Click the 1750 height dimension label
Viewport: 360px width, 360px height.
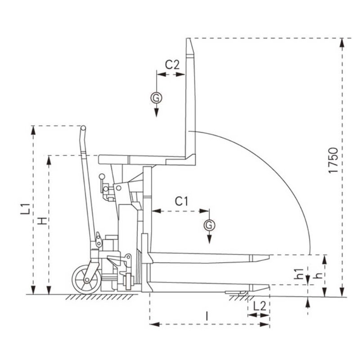(x=333, y=160)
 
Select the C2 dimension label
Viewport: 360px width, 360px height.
(x=172, y=64)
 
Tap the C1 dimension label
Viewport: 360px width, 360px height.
(x=181, y=202)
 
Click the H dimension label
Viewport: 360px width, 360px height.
(x=42, y=220)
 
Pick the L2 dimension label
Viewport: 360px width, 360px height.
(x=259, y=306)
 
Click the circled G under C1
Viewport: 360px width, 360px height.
(x=209, y=225)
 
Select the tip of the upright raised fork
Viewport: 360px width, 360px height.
(x=189, y=42)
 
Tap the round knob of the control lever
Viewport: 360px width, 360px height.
(x=102, y=176)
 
